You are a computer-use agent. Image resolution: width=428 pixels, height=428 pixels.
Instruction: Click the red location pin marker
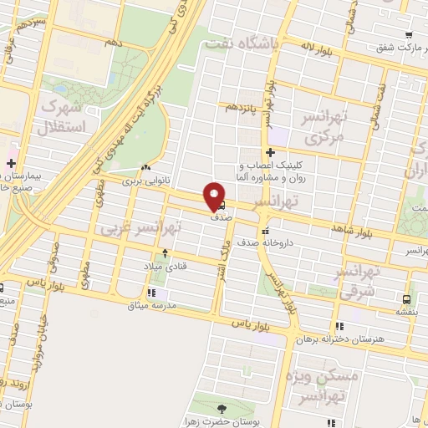coord(215,196)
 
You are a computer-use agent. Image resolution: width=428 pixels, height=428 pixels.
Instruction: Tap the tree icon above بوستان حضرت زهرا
coord(222,409)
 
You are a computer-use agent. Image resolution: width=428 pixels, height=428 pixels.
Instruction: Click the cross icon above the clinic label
coord(270,152)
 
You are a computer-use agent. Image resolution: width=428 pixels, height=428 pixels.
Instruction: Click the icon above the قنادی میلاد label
coord(166,252)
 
